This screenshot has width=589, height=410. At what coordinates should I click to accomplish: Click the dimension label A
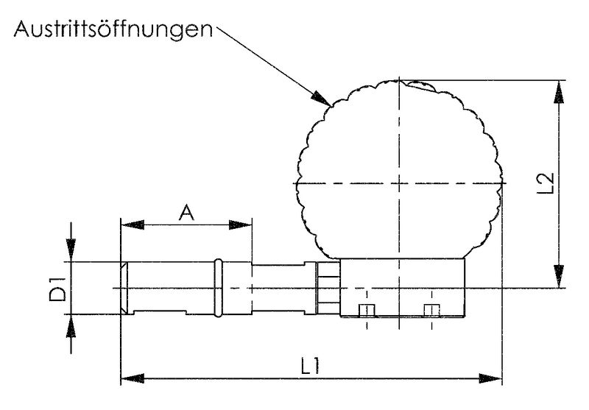(x=186, y=213)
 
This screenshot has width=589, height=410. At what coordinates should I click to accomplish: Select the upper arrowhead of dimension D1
(x=71, y=251)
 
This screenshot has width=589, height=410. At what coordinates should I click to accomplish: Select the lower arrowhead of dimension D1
(x=71, y=325)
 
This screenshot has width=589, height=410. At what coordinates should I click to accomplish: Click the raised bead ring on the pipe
(x=218, y=288)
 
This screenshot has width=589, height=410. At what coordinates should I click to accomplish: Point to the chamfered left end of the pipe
(x=125, y=288)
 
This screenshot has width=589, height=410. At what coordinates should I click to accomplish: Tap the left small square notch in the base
(x=365, y=309)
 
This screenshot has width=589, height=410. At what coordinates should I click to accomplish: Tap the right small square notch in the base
(x=431, y=309)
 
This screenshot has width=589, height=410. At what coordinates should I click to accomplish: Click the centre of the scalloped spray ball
(x=398, y=183)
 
